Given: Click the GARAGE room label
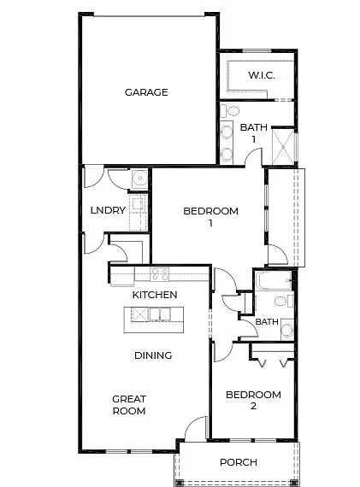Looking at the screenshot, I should pyautogui.click(x=146, y=92).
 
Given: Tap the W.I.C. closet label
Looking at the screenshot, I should pyautogui.click(x=261, y=75).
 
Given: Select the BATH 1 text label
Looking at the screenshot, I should pyautogui.click(x=253, y=132).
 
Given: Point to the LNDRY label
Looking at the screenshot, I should pyautogui.click(x=109, y=210).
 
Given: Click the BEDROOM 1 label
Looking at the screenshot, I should pyautogui.click(x=210, y=217).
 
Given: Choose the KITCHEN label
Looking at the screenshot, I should pyautogui.click(x=155, y=295).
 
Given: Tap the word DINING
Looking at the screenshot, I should pyautogui.click(x=153, y=355).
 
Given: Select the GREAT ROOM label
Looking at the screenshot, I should pyautogui.click(x=128, y=404).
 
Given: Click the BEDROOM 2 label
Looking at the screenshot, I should pyautogui.click(x=253, y=400).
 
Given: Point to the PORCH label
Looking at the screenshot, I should pyautogui.click(x=238, y=462).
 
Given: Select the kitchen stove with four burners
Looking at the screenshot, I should pyautogui.click(x=160, y=274).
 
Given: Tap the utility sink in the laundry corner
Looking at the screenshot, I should pyautogui.click(x=139, y=179).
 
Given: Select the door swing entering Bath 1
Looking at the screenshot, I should pyautogui.click(x=251, y=157).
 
